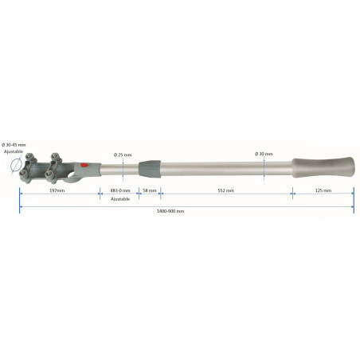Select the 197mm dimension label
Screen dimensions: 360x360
[x=57, y=191]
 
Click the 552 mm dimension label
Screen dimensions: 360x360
[x=226, y=191]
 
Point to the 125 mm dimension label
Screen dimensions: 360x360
[x=323, y=191]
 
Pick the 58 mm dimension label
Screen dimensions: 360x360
[x=148, y=191]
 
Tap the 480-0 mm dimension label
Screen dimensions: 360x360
[x=119, y=191]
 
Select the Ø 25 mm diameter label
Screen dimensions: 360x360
[x=123, y=154]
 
